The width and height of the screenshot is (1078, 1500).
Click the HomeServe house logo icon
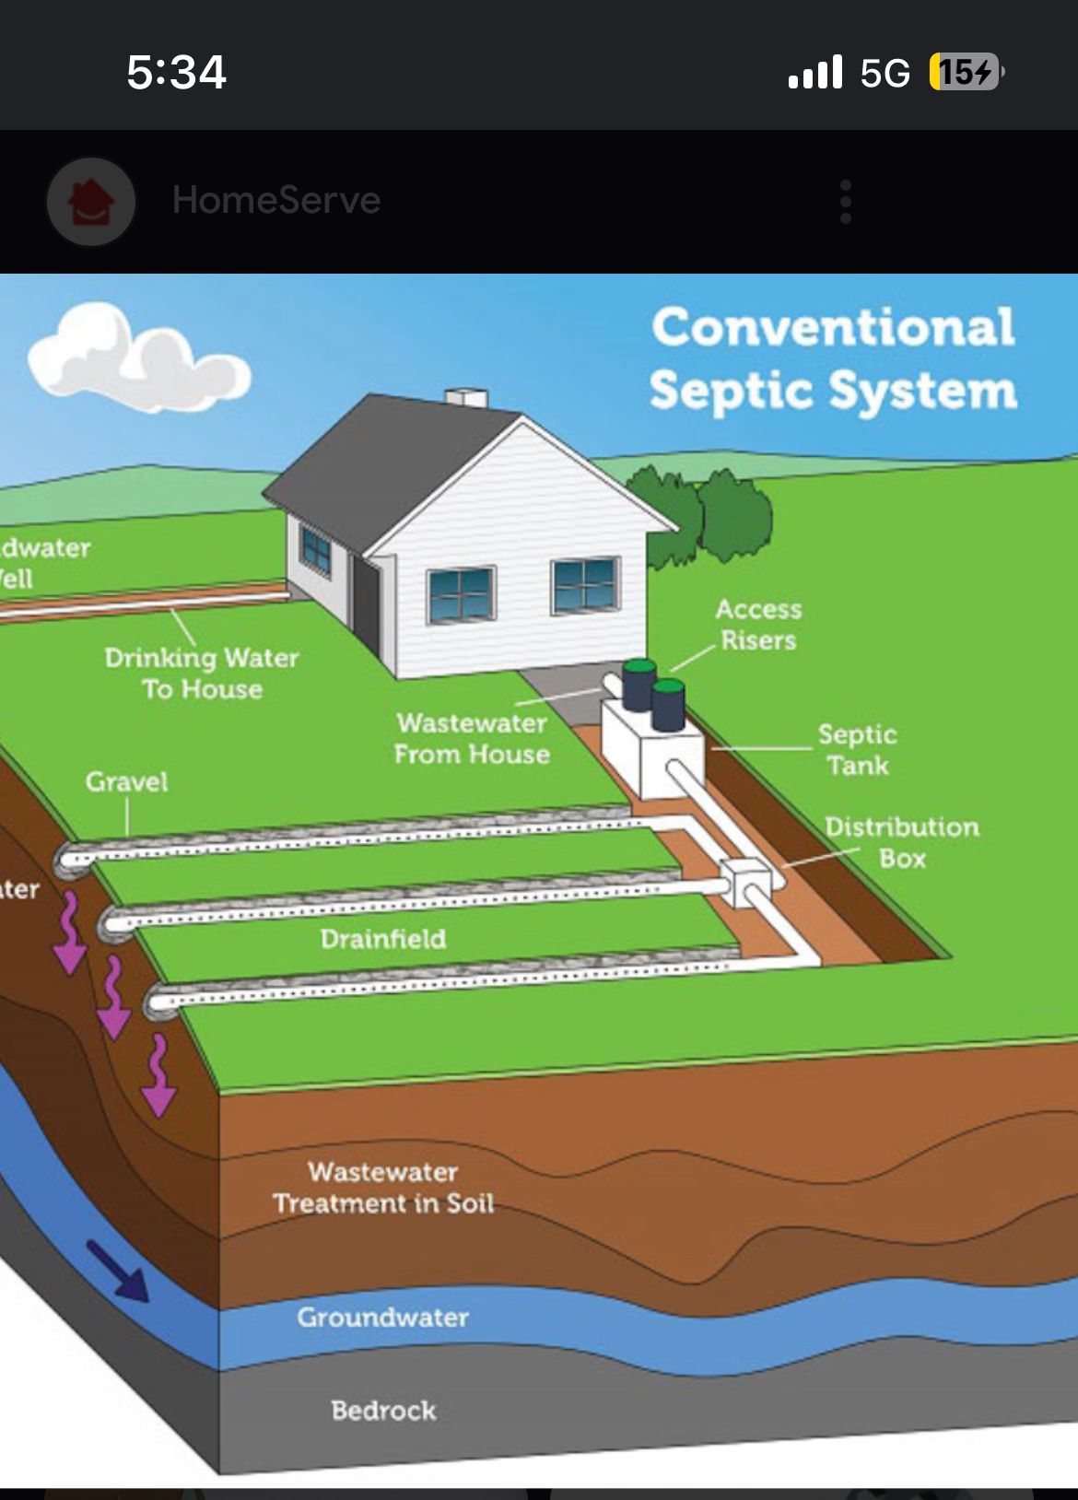(91, 202)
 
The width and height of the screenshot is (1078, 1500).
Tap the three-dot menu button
(845, 202)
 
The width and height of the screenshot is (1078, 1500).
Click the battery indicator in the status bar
(965, 72)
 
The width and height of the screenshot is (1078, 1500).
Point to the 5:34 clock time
(176, 73)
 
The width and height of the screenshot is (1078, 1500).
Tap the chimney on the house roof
(466, 398)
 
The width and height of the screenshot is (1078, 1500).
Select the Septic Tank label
(857, 749)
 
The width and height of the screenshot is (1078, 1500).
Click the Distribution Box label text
(901, 842)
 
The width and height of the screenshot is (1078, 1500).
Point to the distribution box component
(744, 883)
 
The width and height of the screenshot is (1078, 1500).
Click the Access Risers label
(758, 624)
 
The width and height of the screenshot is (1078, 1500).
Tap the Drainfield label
(383, 939)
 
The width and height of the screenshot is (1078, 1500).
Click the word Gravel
(127, 782)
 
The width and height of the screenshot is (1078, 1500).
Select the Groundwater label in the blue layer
(382, 1318)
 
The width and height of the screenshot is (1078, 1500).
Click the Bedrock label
(383, 1411)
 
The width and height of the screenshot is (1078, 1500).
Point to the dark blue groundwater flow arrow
(118, 1271)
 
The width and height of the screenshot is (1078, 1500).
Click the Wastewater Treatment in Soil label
(383, 1188)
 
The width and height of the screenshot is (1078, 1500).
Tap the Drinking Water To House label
(202, 673)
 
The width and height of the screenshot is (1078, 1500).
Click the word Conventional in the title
(833, 327)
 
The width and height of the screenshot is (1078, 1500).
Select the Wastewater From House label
(472, 738)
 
